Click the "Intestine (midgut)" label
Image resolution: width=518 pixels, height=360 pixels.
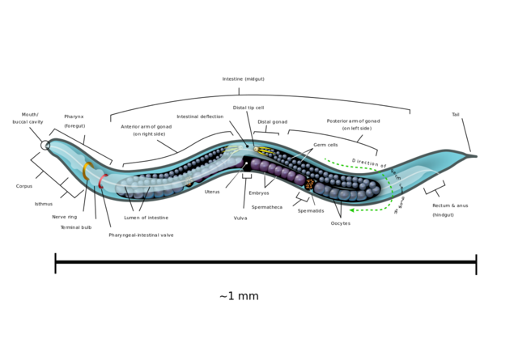(x=243, y=79)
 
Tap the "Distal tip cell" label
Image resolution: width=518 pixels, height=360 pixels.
(x=248, y=108)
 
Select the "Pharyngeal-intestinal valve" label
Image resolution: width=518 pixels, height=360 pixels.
(x=141, y=235)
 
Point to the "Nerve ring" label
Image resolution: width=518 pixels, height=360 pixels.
(x=65, y=217)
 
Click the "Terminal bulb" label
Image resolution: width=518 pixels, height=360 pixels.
(x=76, y=227)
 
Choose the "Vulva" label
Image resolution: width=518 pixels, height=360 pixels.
(x=240, y=218)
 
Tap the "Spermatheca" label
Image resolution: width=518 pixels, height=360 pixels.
(x=267, y=207)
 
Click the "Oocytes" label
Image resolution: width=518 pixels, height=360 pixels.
(x=341, y=223)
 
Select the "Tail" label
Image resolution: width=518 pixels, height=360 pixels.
(x=456, y=115)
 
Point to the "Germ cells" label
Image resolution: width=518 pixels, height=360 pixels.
(x=326, y=145)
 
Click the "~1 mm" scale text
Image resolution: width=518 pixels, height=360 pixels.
(x=239, y=296)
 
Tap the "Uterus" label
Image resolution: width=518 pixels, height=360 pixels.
(x=212, y=192)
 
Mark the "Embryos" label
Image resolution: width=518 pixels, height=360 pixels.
(x=259, y=193)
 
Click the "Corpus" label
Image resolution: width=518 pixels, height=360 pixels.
(x=24, y=186)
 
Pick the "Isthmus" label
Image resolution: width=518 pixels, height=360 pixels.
(x=44, y=204)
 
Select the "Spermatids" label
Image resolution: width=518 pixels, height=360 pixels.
(x=311, y=211)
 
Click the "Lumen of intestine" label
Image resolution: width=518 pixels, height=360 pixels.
(x=146, y=218)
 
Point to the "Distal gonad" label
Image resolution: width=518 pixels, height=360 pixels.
(x=272, y=122)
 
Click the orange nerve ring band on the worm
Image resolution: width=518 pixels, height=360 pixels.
(x=85, y=172)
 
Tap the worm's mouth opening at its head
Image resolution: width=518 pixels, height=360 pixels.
(x=45, y=146)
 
